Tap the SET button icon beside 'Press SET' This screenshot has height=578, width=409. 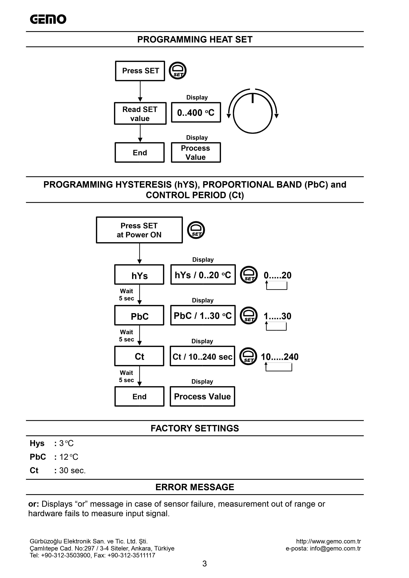click(x=177, y=71)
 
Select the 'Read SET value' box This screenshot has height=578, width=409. click(x=140, y=113)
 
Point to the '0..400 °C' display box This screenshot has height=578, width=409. click(x=196, y=113)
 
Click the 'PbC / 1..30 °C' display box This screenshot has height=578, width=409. click(x=203, y=316)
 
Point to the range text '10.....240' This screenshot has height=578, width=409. click(x=280, y=357)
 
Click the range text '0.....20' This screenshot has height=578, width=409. click(x=277, y=275)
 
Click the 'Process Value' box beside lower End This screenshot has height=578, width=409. click(x=202, y=397)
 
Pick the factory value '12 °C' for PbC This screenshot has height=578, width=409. click(x=69, y=457)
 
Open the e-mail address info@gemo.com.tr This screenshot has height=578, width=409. click(x=335, y=549)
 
